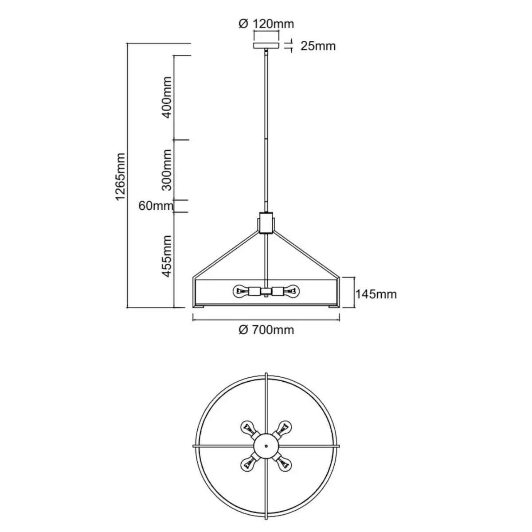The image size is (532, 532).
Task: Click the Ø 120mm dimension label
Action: click(266, 24)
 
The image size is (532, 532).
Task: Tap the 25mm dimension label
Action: click(318, 46)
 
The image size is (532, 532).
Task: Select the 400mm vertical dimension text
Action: click(167, 98)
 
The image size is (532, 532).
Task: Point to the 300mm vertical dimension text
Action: click(167, 170)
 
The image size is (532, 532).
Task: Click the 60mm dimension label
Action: click(156, 206)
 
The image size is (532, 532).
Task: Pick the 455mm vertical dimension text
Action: click(167, 256)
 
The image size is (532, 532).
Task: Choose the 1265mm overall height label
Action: click(121, 177)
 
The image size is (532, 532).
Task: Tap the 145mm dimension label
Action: click(376, 294)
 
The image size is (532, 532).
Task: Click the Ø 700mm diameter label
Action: click(266, 330)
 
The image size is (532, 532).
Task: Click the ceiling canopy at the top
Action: click(266, 45)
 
